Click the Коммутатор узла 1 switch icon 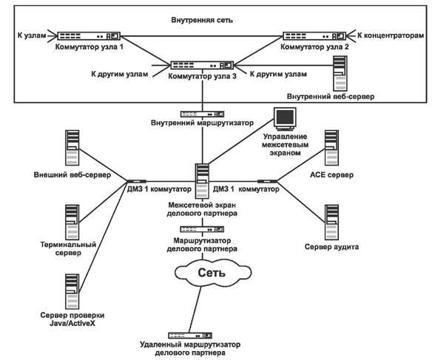(89, 36)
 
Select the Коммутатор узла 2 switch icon (314, 36)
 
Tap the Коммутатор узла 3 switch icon (202, 65)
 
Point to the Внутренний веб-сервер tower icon (340, 73)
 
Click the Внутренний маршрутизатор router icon (202, 114)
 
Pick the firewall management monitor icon (285, 119)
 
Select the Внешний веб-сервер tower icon (72, 148)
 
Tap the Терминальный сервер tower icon (72, 223)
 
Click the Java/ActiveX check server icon (72, 291)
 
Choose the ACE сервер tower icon (331, 148)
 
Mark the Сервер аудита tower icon (331, 223)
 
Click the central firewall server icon (202, 181)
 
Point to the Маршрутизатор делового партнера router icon (202, 229)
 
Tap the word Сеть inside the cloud (212, 273)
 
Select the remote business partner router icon (190, 336)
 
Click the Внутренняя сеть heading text (202, 20)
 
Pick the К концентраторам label (391, 35)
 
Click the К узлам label (32, 35)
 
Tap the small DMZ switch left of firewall (136, 181)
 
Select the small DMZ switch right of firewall (267, 181)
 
